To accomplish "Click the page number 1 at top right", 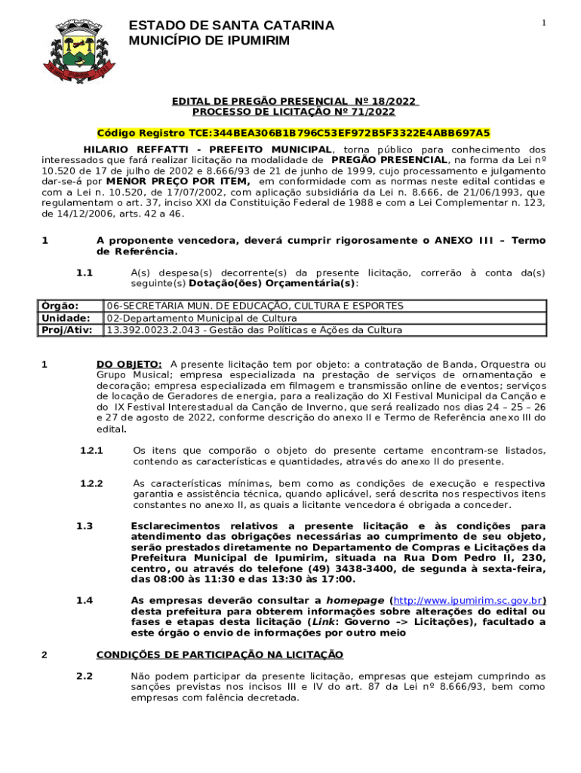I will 543,23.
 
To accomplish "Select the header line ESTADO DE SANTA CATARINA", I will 232,26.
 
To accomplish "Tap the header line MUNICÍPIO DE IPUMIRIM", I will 209,40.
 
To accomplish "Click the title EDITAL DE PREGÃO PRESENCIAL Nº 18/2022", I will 294,101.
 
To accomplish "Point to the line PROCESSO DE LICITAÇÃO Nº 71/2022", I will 294,112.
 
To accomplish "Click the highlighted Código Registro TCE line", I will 294,133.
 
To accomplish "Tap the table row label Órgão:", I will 60,306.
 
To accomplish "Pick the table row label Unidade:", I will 66,318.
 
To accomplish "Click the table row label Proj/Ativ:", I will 67,330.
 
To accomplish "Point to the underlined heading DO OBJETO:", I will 129,365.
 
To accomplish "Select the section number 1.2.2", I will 91,483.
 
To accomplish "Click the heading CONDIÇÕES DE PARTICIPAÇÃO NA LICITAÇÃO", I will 220,654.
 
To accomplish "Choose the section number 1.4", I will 85,601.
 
